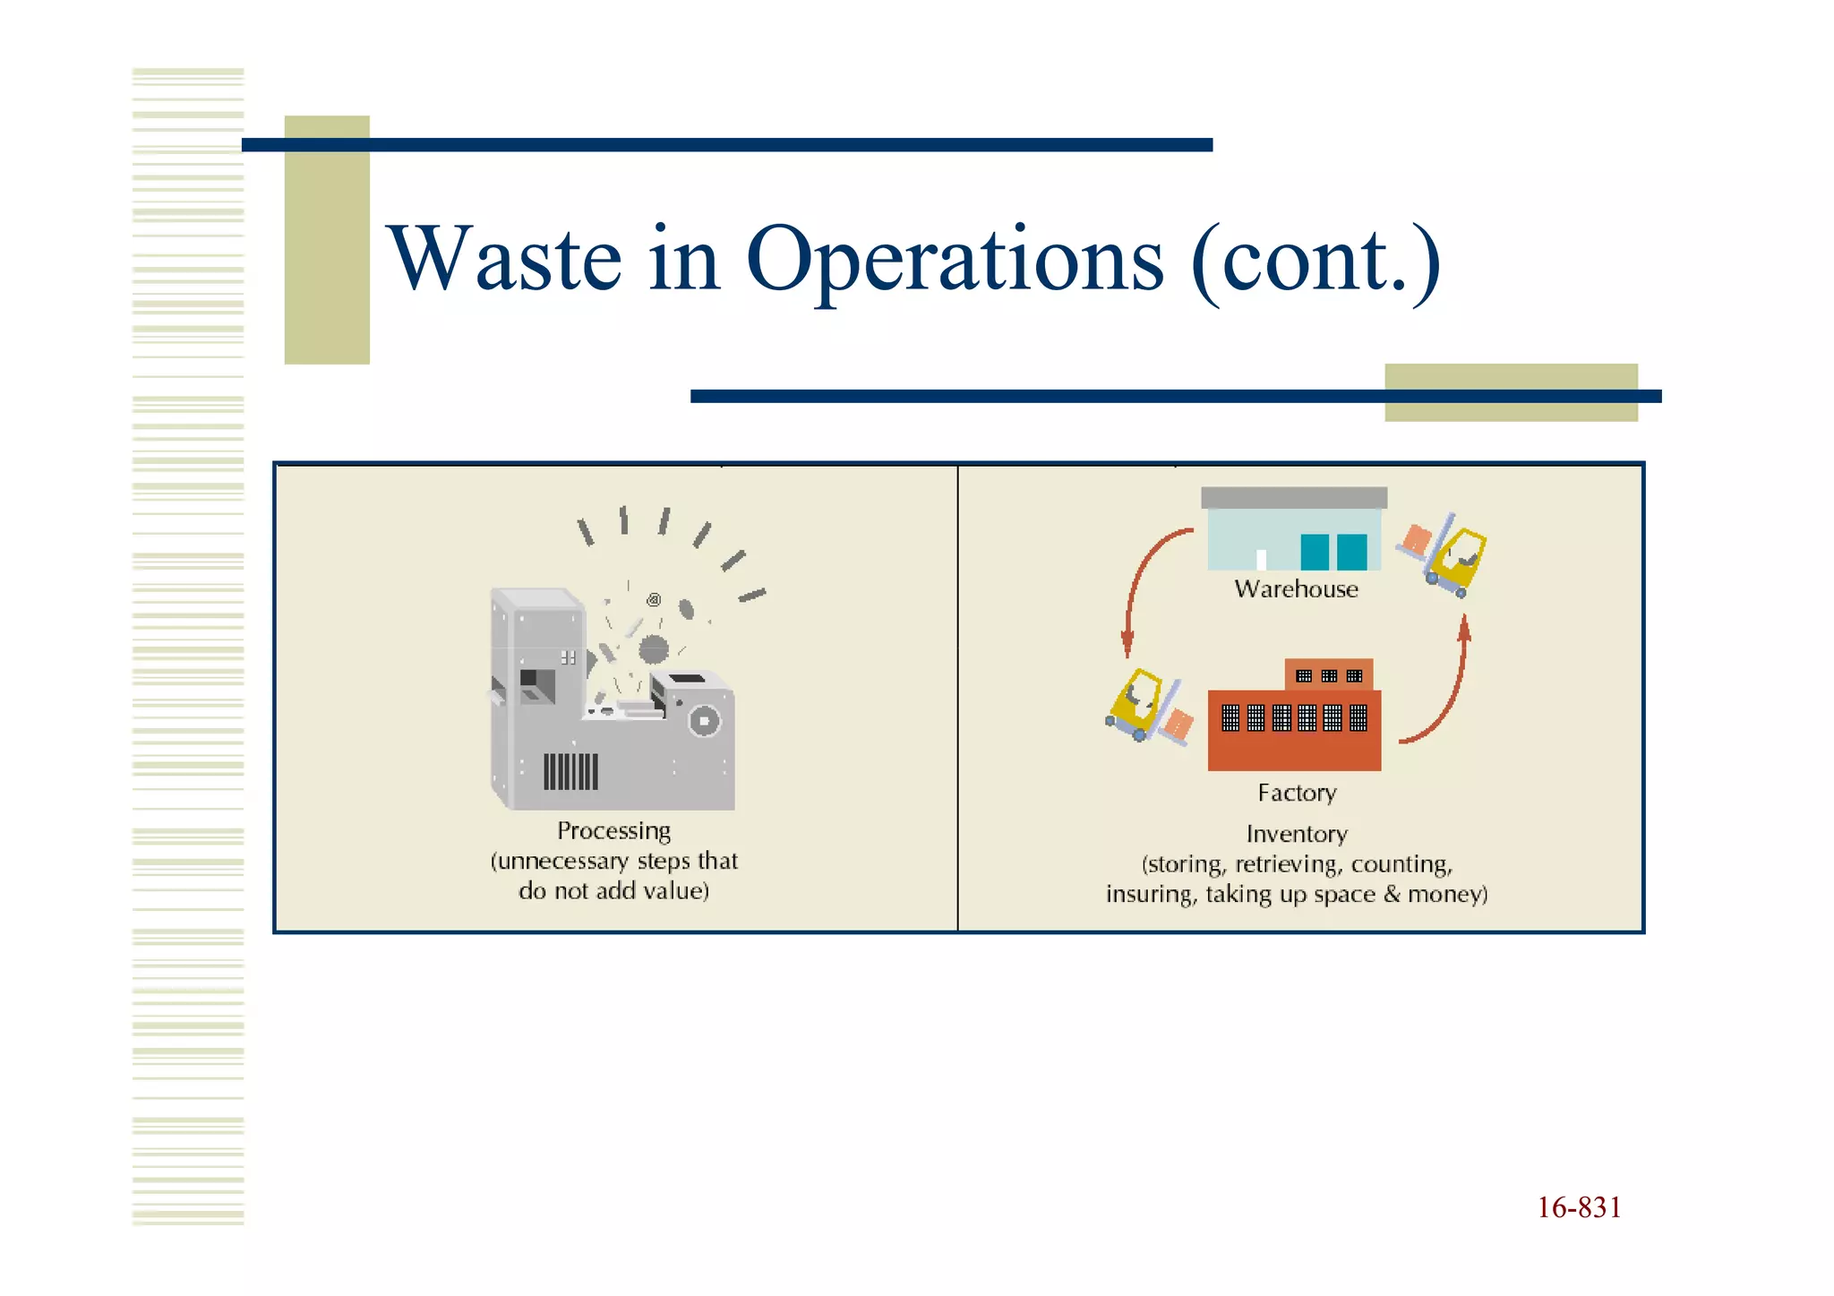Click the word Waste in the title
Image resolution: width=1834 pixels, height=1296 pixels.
pos(504,260)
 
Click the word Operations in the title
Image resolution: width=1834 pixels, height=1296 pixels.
pos(954,260)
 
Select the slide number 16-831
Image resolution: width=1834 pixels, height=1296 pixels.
pos(1579,1207)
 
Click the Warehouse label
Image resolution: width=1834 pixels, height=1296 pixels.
pos(1296,589)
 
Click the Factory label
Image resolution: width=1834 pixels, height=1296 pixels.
pos(1296,793)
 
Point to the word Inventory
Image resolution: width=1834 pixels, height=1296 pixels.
pos(1296,834)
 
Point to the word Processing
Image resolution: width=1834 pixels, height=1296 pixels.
pos(613,830)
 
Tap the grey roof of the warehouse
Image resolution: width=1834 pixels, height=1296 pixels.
pos(1293,498)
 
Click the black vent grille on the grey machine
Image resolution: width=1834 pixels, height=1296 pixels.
pos(570,771)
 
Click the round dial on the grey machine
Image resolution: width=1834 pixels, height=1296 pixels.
pos(704,721)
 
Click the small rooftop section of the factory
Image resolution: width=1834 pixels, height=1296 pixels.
pos(1328,674)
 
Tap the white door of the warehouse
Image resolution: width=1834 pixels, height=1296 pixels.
pos(1261,559)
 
